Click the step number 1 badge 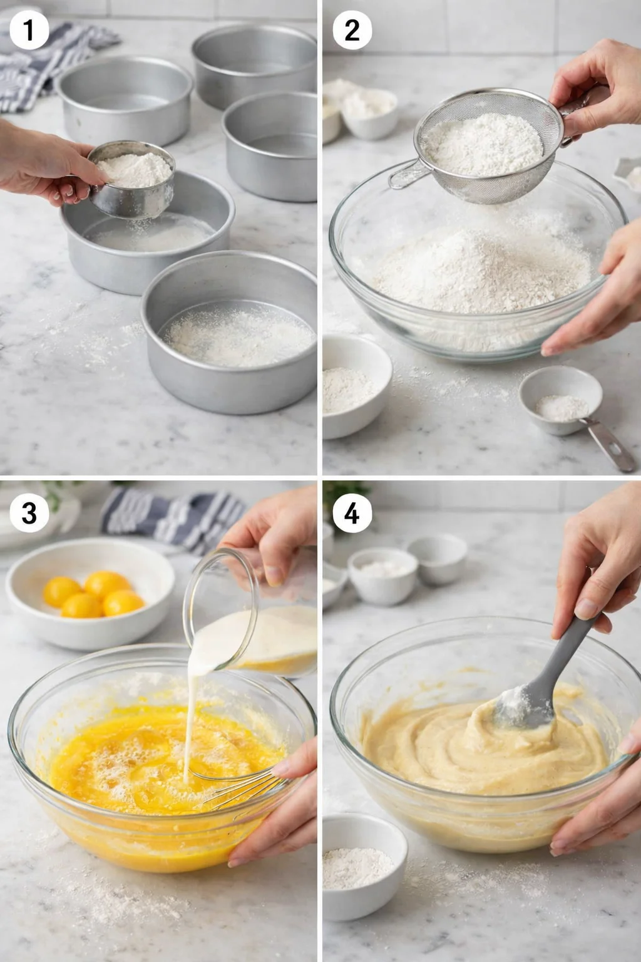pyautogui.click(x=29, y=30)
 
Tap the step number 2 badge pyautogui.click(x=352, y=30)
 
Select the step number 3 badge pyautogui.click(x=29, y=513)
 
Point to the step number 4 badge pyautogui.click(x=352, y=513)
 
